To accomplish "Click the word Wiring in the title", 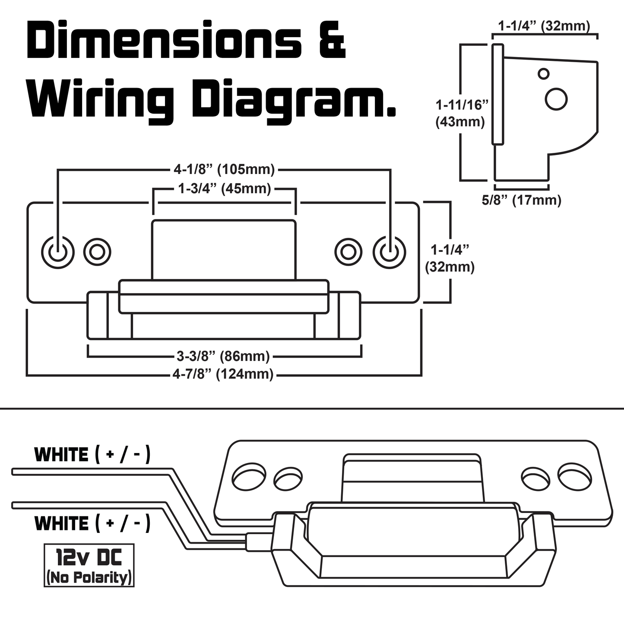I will [101, 99].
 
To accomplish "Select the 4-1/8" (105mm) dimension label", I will [224, 170].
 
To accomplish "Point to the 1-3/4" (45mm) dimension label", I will [225, 189].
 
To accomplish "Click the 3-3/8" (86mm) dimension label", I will [223, 356].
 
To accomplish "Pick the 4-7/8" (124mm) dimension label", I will [223, 374].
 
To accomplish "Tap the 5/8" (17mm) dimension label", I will [521, 200].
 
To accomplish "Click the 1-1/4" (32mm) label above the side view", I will [544, 26].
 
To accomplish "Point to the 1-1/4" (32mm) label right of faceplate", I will [450, 258].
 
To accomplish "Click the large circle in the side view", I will [556, 99].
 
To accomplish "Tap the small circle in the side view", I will [544, 74].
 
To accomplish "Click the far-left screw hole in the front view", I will [58, 252].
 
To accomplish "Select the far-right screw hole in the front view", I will [390, 252].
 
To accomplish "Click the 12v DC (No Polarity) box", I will [89, 565].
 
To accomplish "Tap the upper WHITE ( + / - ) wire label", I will [92, 455].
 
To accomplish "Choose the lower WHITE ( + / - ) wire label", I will [92, 523].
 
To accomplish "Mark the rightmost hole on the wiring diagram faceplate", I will [574, 476].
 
